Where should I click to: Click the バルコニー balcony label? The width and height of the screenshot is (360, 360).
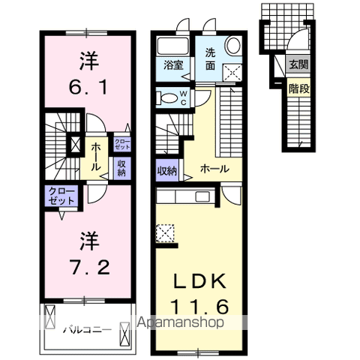87,328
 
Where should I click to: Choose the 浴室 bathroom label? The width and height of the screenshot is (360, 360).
174,64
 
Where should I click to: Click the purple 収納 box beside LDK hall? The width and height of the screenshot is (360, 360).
167,170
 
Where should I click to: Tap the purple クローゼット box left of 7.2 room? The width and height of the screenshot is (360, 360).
61,196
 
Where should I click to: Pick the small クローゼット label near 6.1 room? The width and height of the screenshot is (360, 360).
121,142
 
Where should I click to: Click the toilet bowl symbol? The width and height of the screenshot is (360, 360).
165,97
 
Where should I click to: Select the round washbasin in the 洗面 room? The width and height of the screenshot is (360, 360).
233,45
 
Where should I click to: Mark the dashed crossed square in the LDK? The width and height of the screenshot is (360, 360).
165,234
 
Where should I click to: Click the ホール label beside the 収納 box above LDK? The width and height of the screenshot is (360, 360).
214,169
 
